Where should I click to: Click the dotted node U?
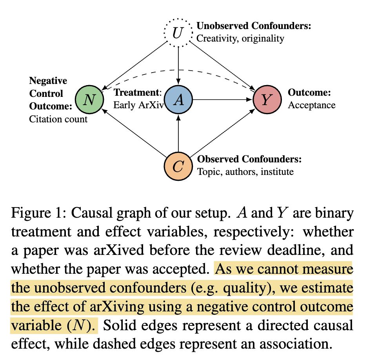pos(178,33)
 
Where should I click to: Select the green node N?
pos(89,100)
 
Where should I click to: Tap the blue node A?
pos(178,100)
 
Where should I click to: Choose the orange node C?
pos(178,167)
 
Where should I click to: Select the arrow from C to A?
pos(178,133)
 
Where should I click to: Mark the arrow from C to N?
pos(133,133)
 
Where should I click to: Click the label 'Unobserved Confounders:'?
pos(254,27)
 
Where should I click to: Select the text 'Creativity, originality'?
pos(240,38)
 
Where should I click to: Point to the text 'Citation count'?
pos(58,119)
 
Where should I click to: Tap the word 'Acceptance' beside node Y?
pos(312,105)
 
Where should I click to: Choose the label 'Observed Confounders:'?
pos(249,160)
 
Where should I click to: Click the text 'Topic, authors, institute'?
pos(245,171)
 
